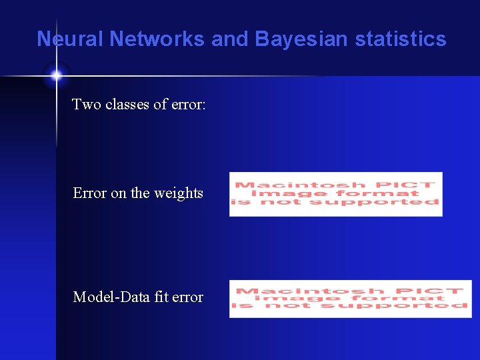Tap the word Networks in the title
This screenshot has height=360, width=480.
(x=157, y=39)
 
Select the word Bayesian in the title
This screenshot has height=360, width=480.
(x=301, y=39)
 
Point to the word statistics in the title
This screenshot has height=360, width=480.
(x=401, y=39)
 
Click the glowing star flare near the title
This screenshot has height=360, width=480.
(x=56, y=75)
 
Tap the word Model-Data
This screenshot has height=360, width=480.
(x=111, y=297)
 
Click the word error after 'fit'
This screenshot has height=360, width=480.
(x=187, y=297)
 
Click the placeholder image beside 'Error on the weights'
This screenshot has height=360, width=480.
(x=335, y=194)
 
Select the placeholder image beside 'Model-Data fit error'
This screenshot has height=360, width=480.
(x=350, y=299)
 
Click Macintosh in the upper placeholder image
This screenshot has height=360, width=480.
(x=300, y=185)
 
